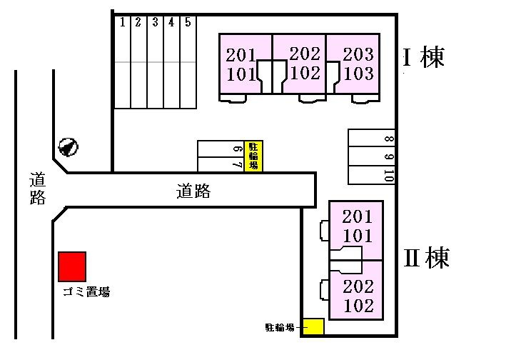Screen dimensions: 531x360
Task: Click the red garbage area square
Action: coord(72,266)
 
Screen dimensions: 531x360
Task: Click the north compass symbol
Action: coord(68,147)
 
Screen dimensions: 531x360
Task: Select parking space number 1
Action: coord(122,64)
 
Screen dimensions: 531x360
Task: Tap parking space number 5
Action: coord(188,64)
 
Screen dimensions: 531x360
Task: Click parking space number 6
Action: coord(221,149)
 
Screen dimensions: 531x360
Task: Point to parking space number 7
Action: coord(221,164)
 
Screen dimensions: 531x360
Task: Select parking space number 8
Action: coord(370,139)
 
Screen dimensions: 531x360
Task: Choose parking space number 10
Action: coord(370,174)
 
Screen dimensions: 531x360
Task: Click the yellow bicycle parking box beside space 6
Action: coord(253,156)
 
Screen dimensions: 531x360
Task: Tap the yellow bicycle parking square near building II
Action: coord(313,326)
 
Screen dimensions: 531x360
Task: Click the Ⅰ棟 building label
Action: coord(424,57)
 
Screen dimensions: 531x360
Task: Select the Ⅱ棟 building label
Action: coord(427,257)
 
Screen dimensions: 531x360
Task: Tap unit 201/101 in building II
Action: coord(356,226)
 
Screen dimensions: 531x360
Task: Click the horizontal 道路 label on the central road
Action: coord(193,191)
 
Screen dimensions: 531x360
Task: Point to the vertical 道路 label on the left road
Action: coord(38,188)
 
